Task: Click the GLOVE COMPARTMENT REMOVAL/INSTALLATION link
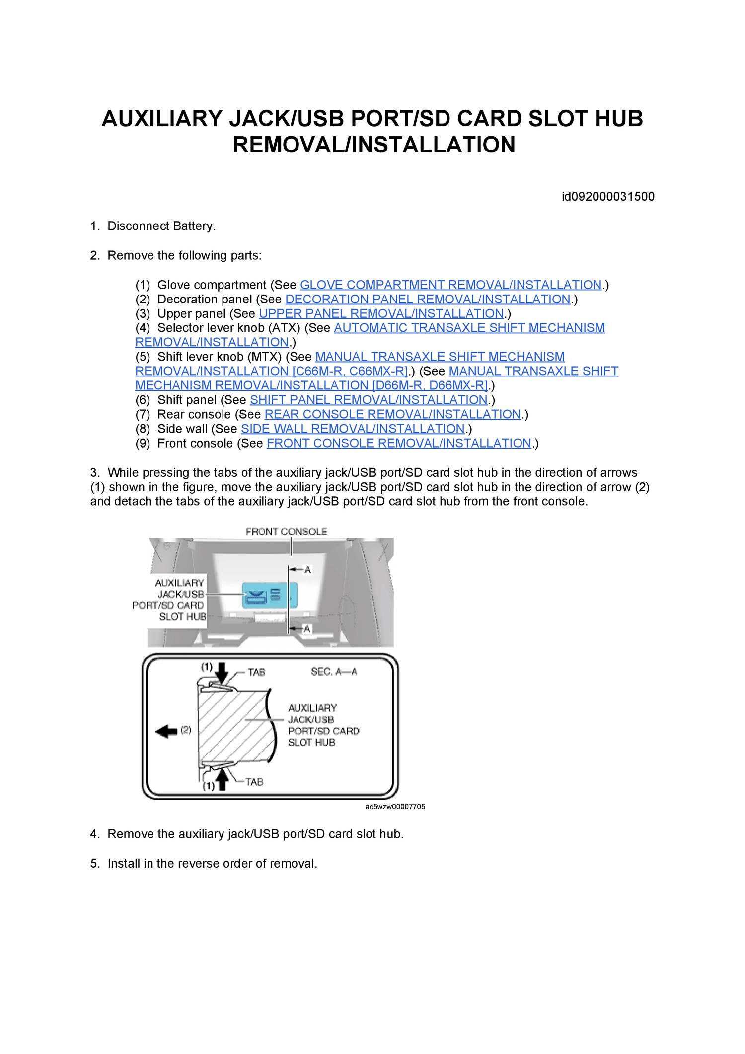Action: click(451, 285)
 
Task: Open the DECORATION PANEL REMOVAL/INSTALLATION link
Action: click(428, 300)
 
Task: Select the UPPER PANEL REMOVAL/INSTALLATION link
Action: click(381, 314)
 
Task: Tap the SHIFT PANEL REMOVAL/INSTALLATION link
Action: click(369, 400)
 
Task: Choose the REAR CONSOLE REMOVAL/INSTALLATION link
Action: click(392, 415)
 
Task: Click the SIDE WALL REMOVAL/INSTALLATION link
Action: click(353, 429)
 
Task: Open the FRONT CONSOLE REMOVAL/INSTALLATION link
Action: click(399, 444)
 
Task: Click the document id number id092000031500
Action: click(608, 197)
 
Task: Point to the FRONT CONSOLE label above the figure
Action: click(287, 532)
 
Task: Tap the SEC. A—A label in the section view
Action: click(334, 672)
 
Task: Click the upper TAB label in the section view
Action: click(257, 672)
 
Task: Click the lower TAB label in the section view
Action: click(254, 782)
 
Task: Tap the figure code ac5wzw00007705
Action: click(395, 807)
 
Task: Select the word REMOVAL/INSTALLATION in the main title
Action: click(374, 145)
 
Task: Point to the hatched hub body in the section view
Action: click(233, 725)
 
